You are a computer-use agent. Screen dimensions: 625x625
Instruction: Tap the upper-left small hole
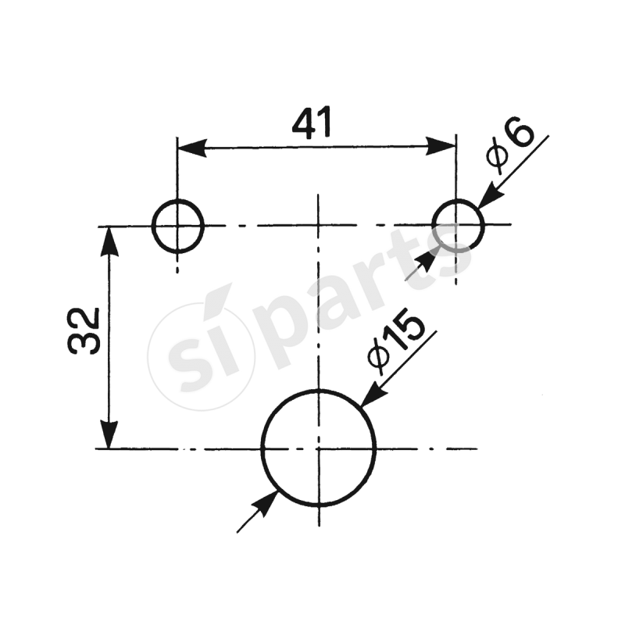(177, 226)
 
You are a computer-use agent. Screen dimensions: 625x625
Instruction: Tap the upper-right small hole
(458, 226)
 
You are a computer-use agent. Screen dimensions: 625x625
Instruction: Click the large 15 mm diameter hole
(318, 448)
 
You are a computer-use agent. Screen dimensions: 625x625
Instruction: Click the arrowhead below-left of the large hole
(266, 504)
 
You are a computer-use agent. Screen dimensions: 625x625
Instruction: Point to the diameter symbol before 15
(378, 355)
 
